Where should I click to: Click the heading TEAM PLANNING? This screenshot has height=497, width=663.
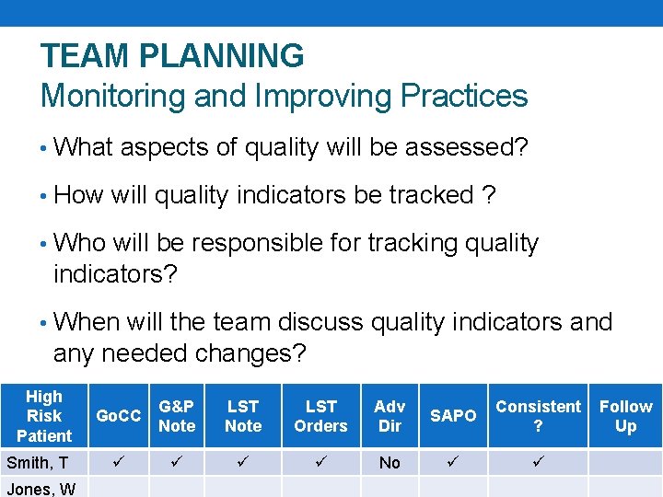172,56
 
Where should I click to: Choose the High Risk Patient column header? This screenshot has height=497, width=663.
44,416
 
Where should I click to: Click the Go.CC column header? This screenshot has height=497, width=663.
119,416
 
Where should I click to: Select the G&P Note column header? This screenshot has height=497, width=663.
177,416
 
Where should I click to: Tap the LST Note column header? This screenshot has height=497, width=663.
243,416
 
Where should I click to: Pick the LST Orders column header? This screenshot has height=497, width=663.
320,416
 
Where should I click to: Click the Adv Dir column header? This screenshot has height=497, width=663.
390,416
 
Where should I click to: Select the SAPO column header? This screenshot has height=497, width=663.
453,416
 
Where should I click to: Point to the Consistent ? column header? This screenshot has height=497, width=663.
538,416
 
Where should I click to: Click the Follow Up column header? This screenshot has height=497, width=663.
625,416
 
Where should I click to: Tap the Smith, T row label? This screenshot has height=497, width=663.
38,462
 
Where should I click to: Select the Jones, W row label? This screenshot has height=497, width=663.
41,489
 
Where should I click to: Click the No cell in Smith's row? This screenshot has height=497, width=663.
390,462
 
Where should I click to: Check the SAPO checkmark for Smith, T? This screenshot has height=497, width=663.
452,461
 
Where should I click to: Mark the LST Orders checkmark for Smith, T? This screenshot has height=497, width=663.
320,461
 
